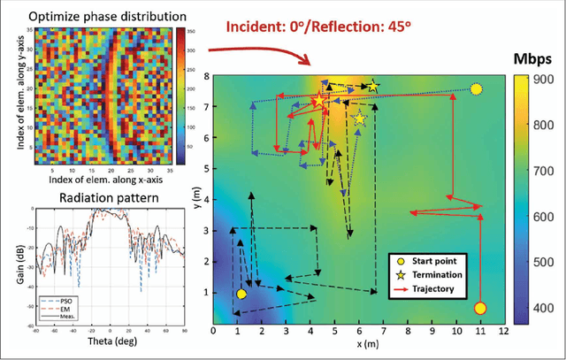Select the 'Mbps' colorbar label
533,59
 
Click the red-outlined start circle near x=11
479,308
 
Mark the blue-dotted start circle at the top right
476,88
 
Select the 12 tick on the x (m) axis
503,331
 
